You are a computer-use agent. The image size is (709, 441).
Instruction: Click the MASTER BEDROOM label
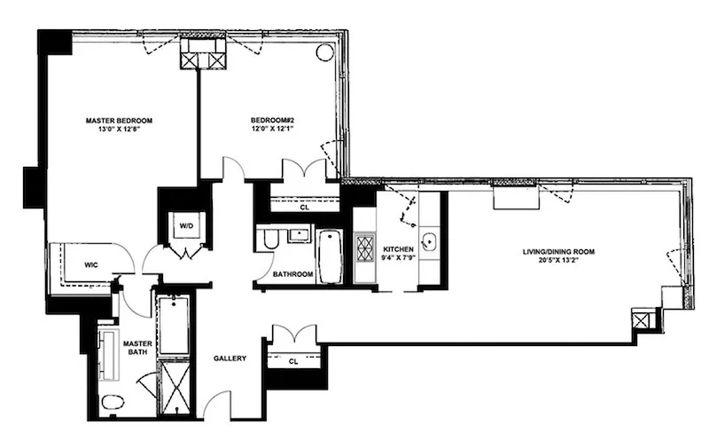120,120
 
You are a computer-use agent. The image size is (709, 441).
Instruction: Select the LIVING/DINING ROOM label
557,251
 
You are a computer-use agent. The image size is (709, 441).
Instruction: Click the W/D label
186,225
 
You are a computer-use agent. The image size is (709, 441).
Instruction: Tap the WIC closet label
91,264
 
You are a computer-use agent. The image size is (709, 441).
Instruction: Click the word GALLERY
230,358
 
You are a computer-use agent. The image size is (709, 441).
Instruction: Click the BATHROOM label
292,274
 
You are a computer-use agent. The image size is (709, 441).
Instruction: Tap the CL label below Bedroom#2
304,209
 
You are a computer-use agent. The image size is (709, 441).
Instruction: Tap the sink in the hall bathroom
298,236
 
